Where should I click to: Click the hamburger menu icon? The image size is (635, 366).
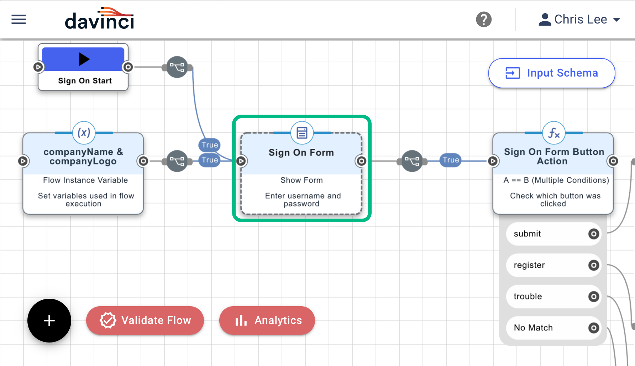tap(19, 19)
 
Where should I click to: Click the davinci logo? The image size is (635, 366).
tap(99, 19)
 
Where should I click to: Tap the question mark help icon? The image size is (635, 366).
tap(484, 19)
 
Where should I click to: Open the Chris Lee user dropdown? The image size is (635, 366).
tap(579, 19)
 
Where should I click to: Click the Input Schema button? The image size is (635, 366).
tap(551, 73)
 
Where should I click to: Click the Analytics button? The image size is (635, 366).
tap(267, 320)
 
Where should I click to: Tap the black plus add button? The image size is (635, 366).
tap(49, 320)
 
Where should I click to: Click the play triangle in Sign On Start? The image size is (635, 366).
tap(84, 59)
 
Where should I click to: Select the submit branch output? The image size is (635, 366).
tap(593, 234)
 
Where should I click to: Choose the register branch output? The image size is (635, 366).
tap(593, 265)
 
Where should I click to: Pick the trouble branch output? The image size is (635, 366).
tap(593, 297)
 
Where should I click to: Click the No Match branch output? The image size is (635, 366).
tap(593, 328)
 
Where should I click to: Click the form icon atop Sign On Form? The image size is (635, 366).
tap(302, 133)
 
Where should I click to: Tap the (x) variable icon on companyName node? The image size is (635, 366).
tap(84, 133)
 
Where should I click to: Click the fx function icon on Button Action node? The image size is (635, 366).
tap(553, 133)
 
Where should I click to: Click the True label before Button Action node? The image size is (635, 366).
tap(451, 160)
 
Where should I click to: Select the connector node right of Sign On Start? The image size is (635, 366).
tap(177, 67)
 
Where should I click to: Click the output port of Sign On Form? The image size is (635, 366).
tap(361, 161)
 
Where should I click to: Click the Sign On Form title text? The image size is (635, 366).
tap(301, 152)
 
